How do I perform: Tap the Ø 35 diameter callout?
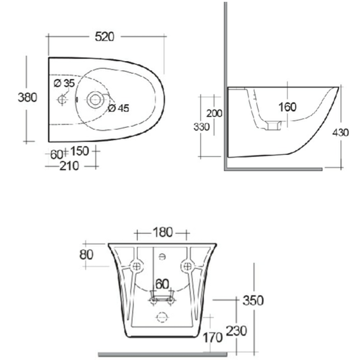coord(64,83)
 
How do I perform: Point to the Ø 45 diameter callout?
coord(119,108)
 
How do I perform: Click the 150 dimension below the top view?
coord(80,150)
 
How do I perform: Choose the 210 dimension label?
coord(70,166)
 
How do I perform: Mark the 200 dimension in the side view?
coord(214,113)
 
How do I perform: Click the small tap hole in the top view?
coord(61,98)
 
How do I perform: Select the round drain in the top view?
coord(94,98)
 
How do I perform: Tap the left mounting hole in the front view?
coord(137,265)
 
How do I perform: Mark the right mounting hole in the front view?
coord(187,265)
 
